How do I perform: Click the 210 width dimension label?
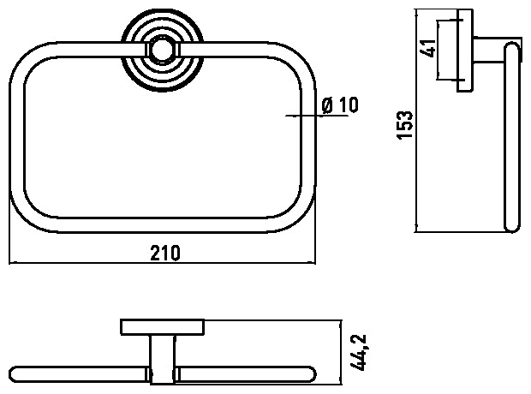point(165,253)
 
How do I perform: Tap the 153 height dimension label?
point(405,124)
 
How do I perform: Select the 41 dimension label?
point(427,48)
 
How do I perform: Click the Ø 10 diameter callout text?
point(340,105)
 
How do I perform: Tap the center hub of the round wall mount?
point(162,51)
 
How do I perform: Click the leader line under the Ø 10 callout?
point(317,116)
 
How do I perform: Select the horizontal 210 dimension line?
point(162,262)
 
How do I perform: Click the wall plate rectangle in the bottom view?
point(163,327)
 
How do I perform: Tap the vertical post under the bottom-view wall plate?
point(163,359)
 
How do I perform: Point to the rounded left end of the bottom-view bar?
point(15,374)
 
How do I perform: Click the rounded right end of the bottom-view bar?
point(311,373)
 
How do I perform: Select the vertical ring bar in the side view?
point(511,136)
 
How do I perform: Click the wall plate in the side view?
point(464,51)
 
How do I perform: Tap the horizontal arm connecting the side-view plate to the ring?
point(489,51)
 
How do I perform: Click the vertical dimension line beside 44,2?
point(340,352)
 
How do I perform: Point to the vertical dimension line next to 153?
point(416,121)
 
